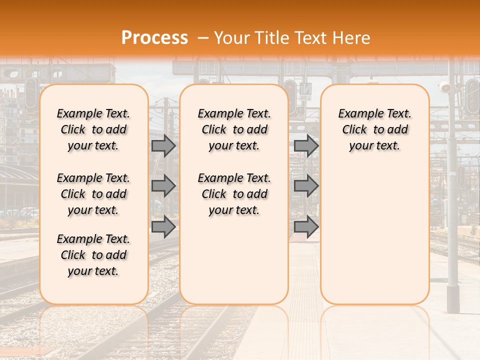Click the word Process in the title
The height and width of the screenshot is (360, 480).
[154, 38]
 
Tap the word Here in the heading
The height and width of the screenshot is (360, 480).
[352, 38]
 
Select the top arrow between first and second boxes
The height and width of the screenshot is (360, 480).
[163, 146]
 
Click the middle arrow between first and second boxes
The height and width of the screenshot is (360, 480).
[163, 186]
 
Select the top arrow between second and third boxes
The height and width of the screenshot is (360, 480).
[306, 146]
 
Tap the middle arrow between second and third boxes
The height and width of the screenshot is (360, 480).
[306, 186]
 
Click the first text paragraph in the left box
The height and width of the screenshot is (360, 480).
[93, 129]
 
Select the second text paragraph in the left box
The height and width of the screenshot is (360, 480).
[93, 194]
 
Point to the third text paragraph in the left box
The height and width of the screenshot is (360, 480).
[93, 255]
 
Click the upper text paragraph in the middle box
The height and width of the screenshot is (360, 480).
[234, 129]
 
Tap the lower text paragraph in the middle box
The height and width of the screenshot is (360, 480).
[234, 194]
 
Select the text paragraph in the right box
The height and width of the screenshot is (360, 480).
[374, 129]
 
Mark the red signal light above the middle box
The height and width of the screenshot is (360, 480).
[289, 86]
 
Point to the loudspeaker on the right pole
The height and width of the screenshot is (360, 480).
[444, 87]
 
